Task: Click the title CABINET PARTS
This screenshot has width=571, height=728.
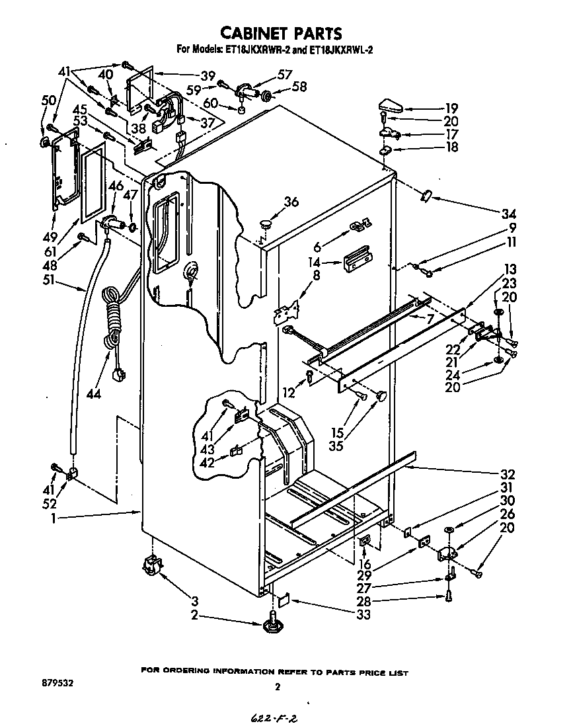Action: (x=280, y=32)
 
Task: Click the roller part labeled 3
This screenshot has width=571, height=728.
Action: (x=152, y=567)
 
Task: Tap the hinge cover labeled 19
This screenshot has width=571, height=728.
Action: (x=392, y=105)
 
